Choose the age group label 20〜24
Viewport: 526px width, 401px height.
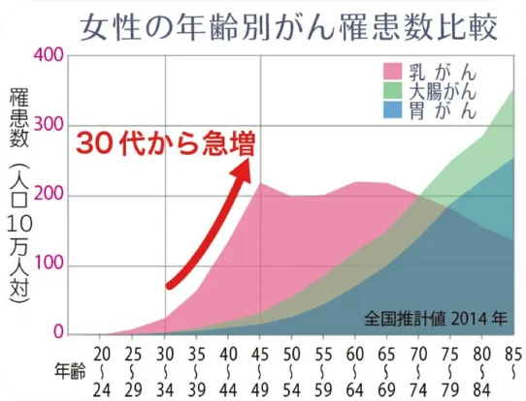tap(104, 368)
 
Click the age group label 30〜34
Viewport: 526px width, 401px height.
tap(166, 368)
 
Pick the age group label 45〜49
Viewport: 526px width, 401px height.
tap(261, 368)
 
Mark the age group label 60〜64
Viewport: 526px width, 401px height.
tap(355, 368)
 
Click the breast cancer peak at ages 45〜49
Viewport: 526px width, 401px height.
tap(260, 183)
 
